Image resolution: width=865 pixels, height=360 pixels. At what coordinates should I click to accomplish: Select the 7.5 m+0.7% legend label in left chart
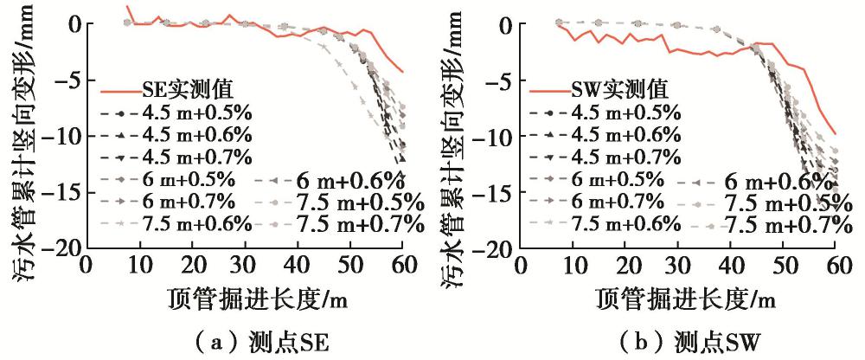pos(360,224)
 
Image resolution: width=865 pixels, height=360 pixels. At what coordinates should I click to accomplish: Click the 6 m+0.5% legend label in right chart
pos(621,179)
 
